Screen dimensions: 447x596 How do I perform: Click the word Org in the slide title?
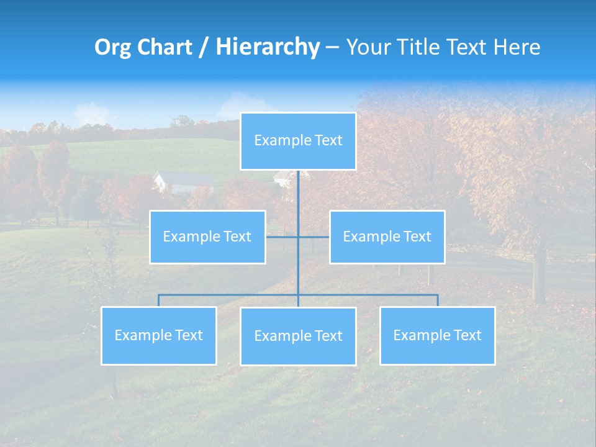click(x=112, y=47)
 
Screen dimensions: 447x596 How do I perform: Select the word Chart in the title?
click(x=162, y=47)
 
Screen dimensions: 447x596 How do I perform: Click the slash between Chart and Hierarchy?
click(x=203, y=48)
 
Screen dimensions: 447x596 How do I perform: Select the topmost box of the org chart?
click(x=298, y=141)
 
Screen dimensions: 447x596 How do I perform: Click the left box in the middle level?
click(x=207, y=237)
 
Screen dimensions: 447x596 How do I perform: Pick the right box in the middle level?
click(x=387, y=237)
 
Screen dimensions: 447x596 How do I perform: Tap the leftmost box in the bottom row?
click(x=158, y=335)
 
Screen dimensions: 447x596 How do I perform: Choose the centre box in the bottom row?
click(x=298, y=336)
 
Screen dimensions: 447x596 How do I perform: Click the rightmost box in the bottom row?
click(x=437, y=335)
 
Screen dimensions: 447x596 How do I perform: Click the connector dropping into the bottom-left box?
click(x=158, y=300)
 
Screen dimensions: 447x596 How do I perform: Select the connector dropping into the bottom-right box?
click(x=438, y=300)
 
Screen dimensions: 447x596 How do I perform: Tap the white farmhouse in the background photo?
click(x=183, y=182)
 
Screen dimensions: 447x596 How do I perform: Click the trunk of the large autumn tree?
click(x=539, y=273)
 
